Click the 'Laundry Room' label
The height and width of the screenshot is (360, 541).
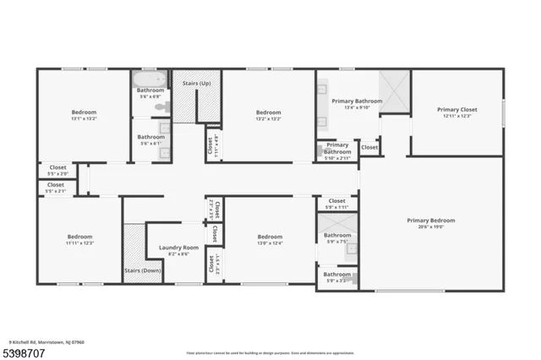[178, 248]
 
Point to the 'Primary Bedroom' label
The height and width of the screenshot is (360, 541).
[431, 220]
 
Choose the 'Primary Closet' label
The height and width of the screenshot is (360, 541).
[457, 109]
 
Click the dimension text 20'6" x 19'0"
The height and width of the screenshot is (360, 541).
[431, 226]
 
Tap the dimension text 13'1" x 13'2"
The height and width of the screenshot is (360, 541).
[83, 118]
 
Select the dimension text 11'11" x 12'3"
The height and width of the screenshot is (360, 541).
[79, 243]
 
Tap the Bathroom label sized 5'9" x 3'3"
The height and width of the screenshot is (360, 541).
[336, 274]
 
